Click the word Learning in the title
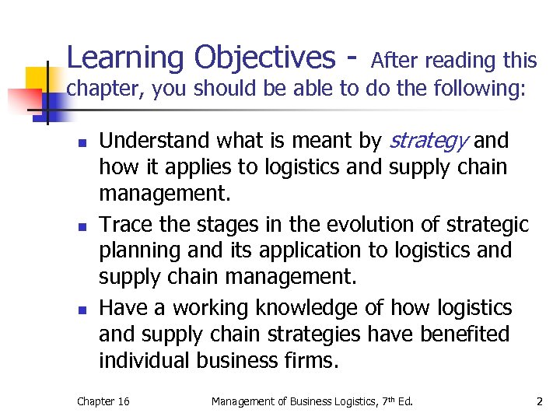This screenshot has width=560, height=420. click(125, 58)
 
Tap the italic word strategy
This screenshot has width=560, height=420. click(428, 141)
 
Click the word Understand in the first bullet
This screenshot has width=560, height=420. click(155, 141)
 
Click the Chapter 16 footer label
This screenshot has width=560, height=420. click(103, 401)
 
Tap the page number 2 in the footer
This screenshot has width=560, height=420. click(538, 401)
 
